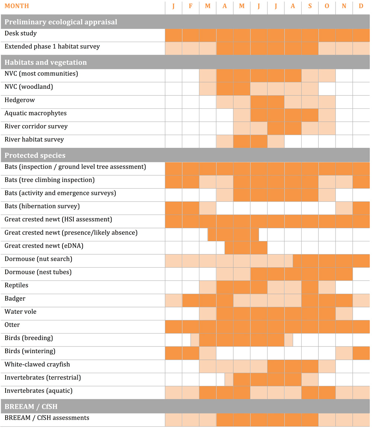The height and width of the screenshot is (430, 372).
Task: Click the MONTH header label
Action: (17, 6)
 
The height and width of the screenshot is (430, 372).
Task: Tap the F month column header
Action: (190, 6)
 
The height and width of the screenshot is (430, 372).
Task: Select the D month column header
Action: (361, 6)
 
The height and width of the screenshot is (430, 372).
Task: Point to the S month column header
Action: (310, 6)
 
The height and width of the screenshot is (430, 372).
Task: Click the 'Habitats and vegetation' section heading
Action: (46, 62)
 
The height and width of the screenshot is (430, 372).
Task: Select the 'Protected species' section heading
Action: (35, 155)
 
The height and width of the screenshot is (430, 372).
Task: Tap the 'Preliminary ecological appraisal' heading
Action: (61, 22)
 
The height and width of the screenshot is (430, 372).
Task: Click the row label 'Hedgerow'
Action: (19, 100)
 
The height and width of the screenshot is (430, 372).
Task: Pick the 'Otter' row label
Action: (12, 325)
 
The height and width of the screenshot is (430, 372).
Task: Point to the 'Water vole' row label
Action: (20, 312)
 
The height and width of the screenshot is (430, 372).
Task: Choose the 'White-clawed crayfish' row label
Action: (37, 364)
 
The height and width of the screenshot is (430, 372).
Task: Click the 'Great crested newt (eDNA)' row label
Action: (44, 246)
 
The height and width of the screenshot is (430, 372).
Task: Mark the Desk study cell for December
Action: (361, 35)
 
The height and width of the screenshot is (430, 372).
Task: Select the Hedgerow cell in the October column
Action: (327, 102)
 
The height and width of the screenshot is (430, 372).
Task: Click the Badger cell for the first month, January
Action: (174, 300)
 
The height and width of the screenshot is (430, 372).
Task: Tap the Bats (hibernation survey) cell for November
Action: (344, 208)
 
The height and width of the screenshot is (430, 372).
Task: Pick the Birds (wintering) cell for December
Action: (361, 353)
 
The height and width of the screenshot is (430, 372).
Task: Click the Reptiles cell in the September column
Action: (310, 287)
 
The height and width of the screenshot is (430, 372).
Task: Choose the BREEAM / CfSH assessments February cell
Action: (191, 420)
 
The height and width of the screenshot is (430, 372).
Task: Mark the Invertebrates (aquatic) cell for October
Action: (327, 393)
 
